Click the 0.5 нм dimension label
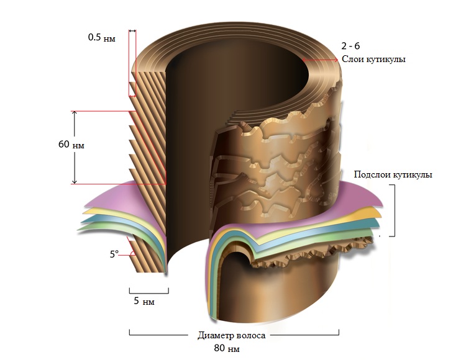[x=101, y=38]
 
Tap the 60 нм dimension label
[x=71, y=145]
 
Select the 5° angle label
[x=114, y=254]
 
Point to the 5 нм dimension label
[x=144, y=301]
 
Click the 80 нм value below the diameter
[x=226, y=348]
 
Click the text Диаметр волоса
[x=232, y=336]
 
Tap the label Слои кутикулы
[x=373, y=60]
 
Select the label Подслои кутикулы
[x=393, y=174]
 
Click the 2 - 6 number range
[x=350, y=46]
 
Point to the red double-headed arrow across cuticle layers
[x=320, y=60]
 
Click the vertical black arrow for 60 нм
[x=75, y=148]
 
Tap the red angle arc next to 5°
[x=133, y=253]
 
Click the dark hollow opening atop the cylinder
[x=238, y=77]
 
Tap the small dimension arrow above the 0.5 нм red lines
[x=132, y=31]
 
